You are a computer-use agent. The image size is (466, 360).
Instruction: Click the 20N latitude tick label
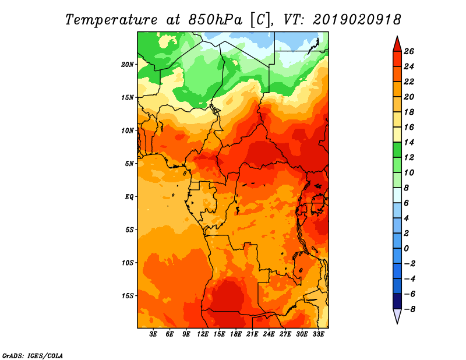(x=128, y=65)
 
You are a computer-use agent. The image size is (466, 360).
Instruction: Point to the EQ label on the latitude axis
(x=129, y=197)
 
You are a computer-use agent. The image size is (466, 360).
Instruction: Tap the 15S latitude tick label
(x=128, y=296)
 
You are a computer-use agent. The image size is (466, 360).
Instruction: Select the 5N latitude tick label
(x=129, y=164)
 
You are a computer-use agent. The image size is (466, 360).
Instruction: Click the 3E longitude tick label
(x=153, y=334)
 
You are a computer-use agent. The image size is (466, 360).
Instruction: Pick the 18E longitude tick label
(x=236, y=334)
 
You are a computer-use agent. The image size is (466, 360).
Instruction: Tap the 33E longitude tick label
(x=318, y=334)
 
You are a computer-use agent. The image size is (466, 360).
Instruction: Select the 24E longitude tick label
(x=269, y=334)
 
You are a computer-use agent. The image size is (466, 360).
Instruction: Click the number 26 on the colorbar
(x=409, y=51)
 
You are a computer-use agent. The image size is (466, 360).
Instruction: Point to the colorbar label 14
(x=409, y=142)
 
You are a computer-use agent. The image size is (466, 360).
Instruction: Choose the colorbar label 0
(x=406, y=249)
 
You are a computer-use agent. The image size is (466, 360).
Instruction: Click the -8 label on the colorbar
(x=410, y=309)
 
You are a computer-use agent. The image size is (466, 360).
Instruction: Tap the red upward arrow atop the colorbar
(x=397, y=44)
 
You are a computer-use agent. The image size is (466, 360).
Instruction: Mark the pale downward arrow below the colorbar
(x=397, y=316)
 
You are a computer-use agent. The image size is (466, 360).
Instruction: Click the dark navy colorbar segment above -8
(x=397, y=301)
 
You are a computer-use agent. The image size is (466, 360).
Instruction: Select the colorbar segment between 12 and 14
(x=397, y=150)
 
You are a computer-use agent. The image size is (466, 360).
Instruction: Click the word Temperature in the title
(x=111, y=20)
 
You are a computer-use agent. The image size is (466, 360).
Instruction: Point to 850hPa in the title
(x=215, y=20)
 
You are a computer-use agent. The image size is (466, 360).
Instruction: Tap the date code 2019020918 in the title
(x=357, y=20)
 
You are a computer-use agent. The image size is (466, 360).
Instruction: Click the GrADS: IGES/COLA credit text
(x=33, y=356)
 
